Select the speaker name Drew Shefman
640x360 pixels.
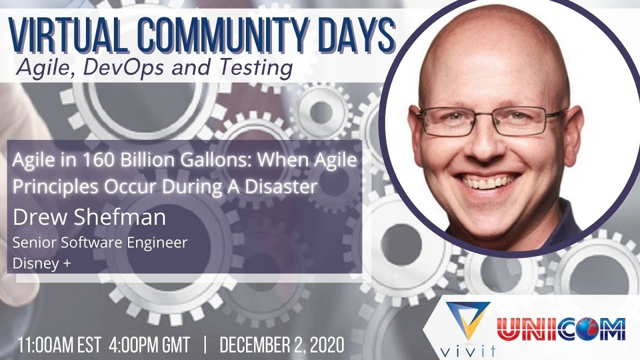(x=89, y=217)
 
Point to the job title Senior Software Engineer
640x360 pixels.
(x=100, y=242)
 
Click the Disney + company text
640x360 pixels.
(x=41, y=264)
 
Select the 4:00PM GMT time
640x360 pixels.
(x=149, y=345)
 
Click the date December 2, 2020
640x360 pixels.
(x=281, y=345)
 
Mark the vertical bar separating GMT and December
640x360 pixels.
(x=205, y=345)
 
